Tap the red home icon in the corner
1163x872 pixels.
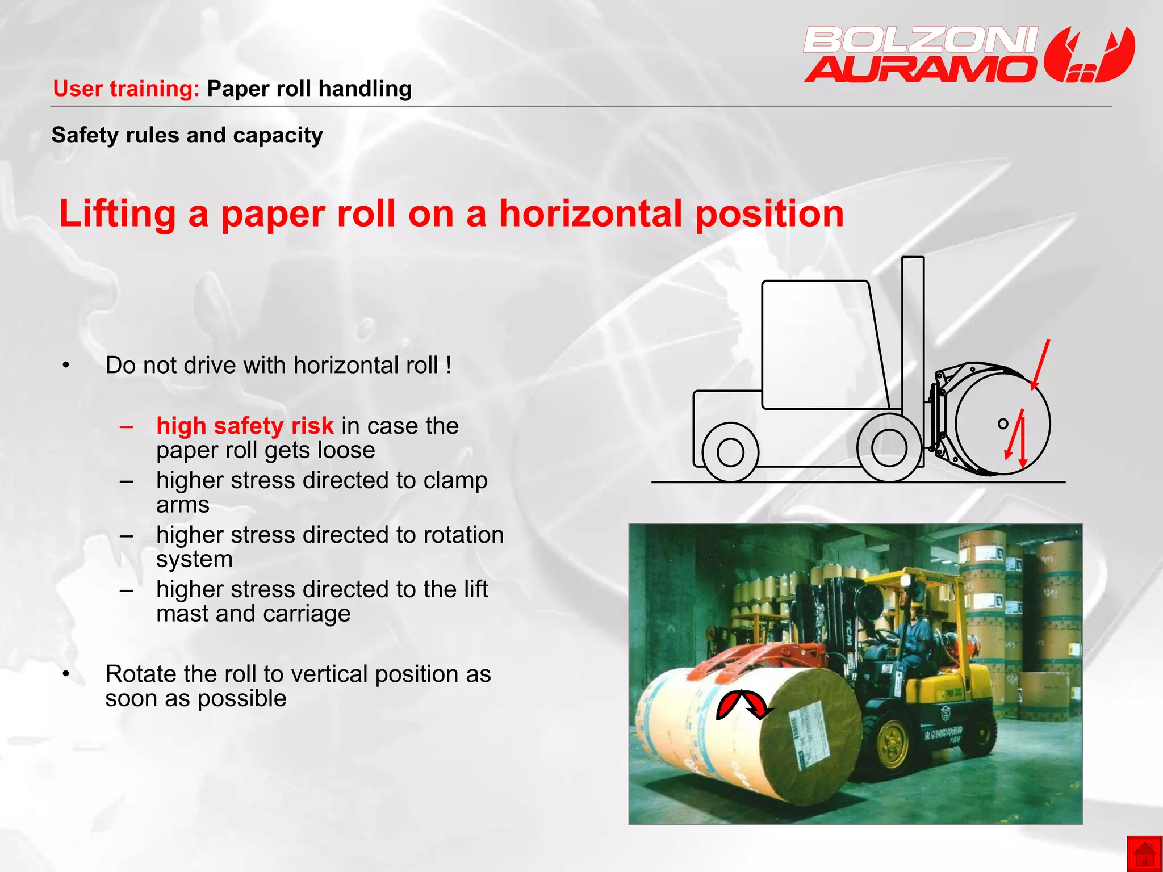1144,854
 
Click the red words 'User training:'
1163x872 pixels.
126,89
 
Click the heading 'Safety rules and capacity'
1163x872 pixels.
187,136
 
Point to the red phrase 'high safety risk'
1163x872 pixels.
245,426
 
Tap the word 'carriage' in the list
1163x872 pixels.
307,614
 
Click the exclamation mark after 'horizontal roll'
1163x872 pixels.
449,365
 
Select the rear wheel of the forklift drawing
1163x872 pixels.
730,452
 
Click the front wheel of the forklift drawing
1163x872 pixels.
889,447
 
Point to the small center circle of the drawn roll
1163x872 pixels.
1003,424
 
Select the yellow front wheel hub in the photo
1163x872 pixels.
892,743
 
